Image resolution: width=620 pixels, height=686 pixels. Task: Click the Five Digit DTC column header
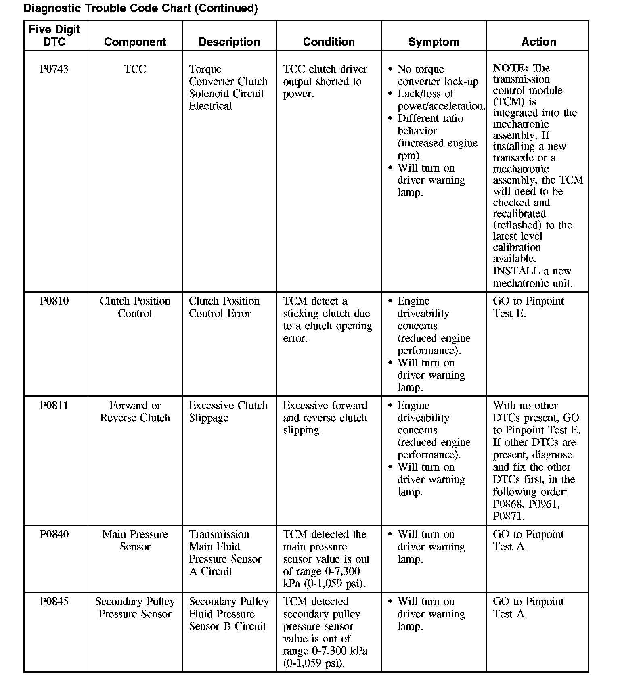[54, 36]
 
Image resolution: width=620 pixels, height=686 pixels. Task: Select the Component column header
[135, 42]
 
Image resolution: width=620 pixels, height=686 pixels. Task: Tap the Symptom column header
[434, 42]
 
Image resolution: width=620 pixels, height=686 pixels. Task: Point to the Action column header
[538, 42]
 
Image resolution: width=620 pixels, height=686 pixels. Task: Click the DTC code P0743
[54, 69]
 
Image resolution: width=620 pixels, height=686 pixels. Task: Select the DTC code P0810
[54, 301]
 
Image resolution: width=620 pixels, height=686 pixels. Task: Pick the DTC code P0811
[54, 406]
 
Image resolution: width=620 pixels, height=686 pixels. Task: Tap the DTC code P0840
[54, 534]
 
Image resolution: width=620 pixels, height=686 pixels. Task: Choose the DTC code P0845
[54, 602]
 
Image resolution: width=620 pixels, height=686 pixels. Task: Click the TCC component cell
[135, 69]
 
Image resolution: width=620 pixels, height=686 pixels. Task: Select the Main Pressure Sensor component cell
[135, 540]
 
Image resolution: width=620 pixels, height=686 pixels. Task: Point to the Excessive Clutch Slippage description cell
[228, 412]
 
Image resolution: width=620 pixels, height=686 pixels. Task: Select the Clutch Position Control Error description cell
[224, 307]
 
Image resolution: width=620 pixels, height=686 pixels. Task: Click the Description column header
[229, 42]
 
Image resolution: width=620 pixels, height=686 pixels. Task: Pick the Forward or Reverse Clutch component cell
[135, 412]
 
